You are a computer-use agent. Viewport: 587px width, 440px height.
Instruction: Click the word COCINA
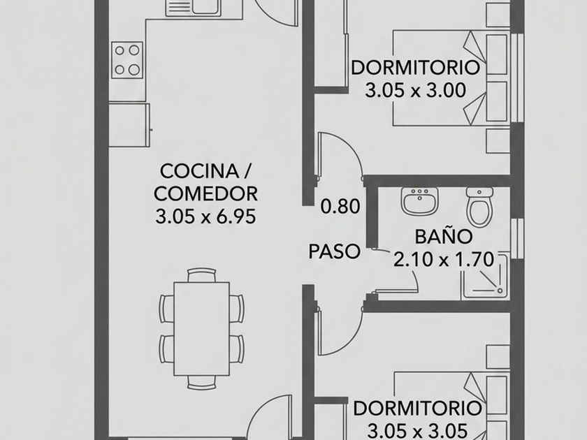click(x=199, y=171)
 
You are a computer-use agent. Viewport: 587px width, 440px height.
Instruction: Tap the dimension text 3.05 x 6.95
click(x=205, y=217)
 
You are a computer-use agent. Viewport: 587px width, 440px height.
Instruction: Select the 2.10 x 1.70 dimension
click(x=444, y=259)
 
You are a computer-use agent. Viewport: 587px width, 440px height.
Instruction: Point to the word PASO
click(x=334, y=251)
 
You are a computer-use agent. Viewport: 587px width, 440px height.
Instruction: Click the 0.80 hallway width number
click(x=340, y=206)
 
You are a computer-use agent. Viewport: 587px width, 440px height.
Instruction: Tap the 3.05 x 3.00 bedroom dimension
click(x=416, y=91)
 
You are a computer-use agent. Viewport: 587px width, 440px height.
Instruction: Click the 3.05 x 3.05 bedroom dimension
click(x=417, y=430)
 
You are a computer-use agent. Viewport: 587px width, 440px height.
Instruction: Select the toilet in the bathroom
click(x=479, y=207)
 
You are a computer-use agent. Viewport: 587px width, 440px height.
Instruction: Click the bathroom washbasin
click(x=420, y=201)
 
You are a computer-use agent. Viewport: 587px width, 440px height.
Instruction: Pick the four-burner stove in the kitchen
click(x=127, y=60)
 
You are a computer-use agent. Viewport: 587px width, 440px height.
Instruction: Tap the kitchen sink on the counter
click(x=193, y=8)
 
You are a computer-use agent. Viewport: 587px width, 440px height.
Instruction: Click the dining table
click(x=202, y=329)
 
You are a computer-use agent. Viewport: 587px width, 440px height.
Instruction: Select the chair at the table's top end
click(x=202, y=275)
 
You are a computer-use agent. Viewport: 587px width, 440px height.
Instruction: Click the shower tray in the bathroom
click(x=485, y=277)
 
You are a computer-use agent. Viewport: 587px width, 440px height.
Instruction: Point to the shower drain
click(x=500, y=291)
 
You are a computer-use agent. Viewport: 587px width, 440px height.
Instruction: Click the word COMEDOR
click(x=205, y=194)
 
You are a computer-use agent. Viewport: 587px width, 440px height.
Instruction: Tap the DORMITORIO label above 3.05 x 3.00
click(x=416, y=68)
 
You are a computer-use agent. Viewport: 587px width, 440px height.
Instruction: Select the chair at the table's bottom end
click(x=202, y=383)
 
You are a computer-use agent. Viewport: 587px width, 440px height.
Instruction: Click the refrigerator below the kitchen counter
click(x=129, y=125)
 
